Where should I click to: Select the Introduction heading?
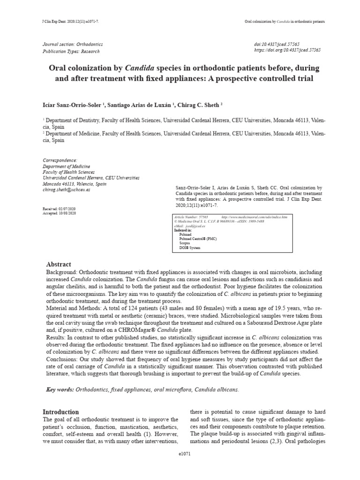coord(61,412)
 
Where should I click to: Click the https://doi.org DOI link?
coord(287,50)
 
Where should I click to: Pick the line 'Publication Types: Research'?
coord(71,51)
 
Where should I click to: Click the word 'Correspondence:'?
coord(60,160)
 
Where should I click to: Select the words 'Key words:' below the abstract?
coord(60,390)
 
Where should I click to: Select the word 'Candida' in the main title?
coord(140,68)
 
